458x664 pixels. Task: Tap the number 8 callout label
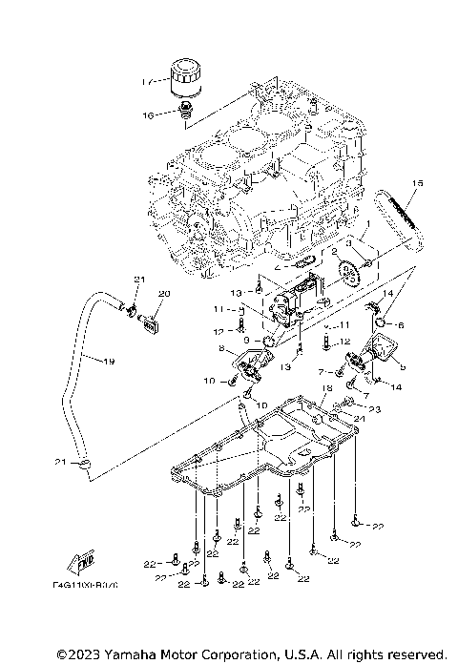(x=221, y=351)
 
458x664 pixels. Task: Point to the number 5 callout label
(x=402, y=365)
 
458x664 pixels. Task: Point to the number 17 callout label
(x=146, y=82)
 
